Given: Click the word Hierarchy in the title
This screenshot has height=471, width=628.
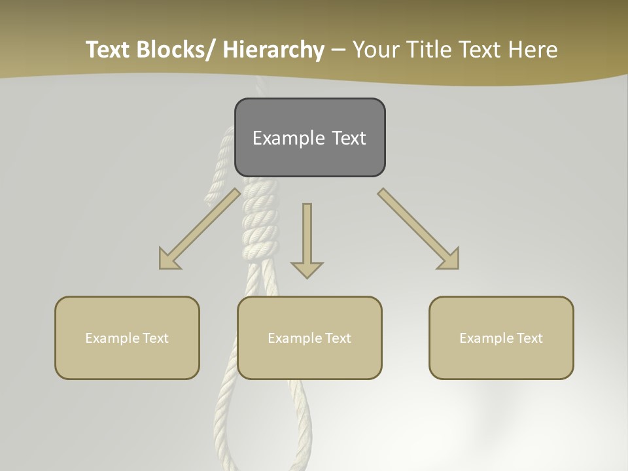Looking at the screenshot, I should click(x=273, y=50).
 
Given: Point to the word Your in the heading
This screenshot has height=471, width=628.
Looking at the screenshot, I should click(x=375, y=50).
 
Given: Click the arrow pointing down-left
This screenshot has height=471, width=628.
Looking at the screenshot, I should click(x=200, y=230).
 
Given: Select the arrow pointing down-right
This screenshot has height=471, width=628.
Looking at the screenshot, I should click(x=419, y=230).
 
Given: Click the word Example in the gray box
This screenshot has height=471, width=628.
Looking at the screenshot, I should click(x=288, y=138).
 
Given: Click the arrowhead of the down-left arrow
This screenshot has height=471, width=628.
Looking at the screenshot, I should click(x=169, y=259).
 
